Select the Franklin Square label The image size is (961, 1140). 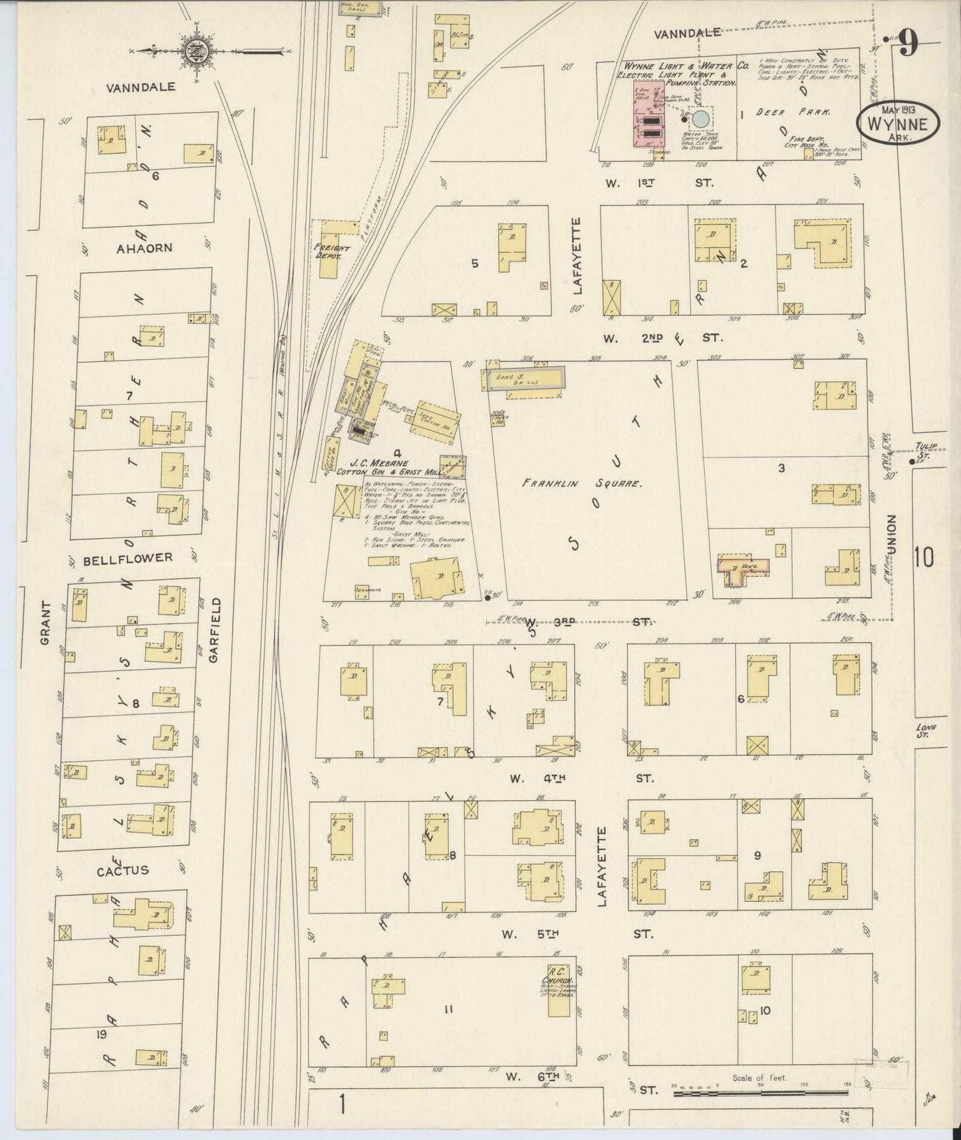[581, 484]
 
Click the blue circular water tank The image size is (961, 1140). [701, 120]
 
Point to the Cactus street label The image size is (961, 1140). [122, 870]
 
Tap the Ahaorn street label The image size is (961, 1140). [144, 248]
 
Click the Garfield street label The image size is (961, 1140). [213, 629]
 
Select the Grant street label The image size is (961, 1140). [45, 623]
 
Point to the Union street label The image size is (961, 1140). [891, 533]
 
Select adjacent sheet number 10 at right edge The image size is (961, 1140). [924, 557]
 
